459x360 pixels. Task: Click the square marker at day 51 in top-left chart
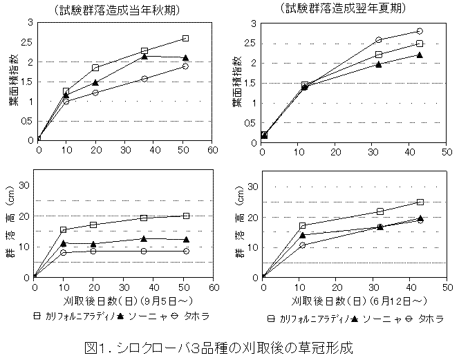pyautogui.click(x=185, y=39)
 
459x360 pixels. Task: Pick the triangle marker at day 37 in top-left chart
pyautogui.click(x=144, y=57)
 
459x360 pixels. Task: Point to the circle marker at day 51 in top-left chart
pyautogui.click(x=185, y=66)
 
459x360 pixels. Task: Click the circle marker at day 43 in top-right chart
pyautogui.click(x=420, y=31)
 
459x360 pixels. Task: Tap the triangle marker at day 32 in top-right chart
pyautogui.click(x=379, y=64)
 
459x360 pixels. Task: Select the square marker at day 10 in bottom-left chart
pyautogui.click(x=64, y=230)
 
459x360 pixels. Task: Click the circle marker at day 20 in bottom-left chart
pyautogui.click(x=94, y=251)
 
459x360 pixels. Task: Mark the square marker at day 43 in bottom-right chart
pyautogui.click(x=420, y=202)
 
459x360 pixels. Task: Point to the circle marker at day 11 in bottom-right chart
pyautogui.click(x=302, y=245)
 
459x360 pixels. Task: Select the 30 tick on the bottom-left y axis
pyautogui.click(x=24, y=185)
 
